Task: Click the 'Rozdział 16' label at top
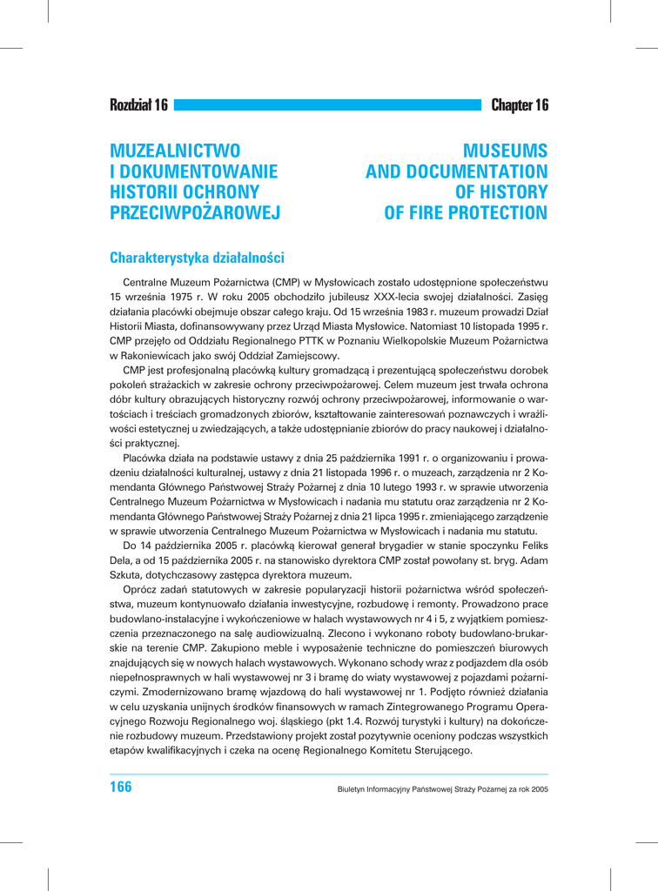(138, 106)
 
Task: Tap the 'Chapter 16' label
(520, 106)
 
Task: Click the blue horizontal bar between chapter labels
(327, 106)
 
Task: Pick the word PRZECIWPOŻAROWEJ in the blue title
(194, 213)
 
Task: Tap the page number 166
(121, 787)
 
